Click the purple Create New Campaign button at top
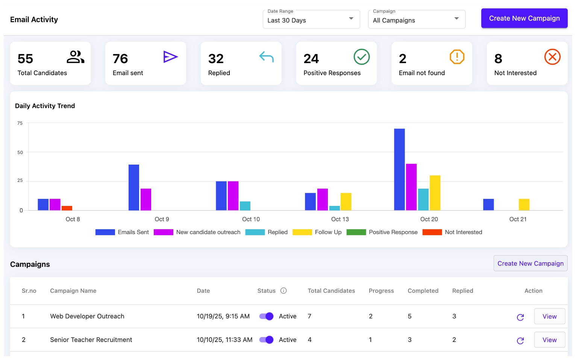coord(524,18)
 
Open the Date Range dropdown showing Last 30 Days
coord(311,20)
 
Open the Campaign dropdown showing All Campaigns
coord(416,20)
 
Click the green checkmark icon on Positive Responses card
coord(361,57)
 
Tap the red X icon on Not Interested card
coord(552,57)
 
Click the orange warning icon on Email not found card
coord(457,57)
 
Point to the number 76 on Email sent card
coord(120,59)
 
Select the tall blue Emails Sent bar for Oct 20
coord(399,169)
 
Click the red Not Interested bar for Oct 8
coord(67,208)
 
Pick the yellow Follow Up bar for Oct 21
coord(524,204)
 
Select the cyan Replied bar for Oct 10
coord(245,206)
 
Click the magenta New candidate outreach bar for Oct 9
coord(146,199)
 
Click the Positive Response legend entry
coord(382,232)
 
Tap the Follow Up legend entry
coord(317,232)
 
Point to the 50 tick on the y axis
coord(20,152)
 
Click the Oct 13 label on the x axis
coord(340,219)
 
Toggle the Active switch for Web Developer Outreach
coord(266,316)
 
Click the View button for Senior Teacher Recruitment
coord(549,340)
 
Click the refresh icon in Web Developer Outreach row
coord(520,317)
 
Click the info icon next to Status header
coord(284,290)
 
